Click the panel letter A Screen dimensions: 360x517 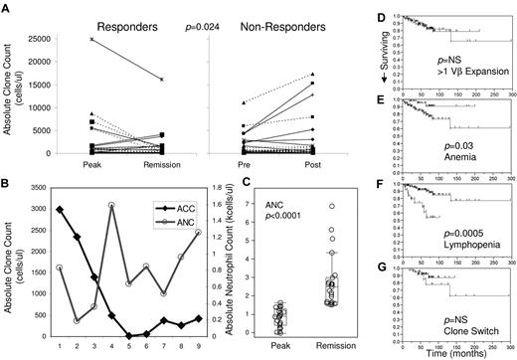(8, 7)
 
